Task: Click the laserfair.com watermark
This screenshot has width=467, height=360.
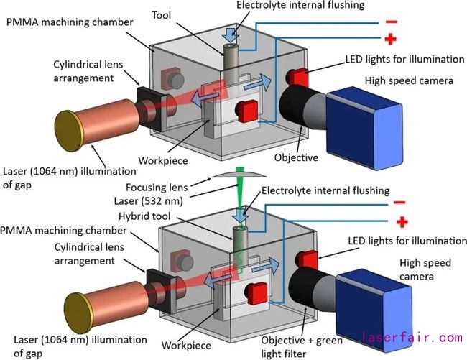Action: pyautogui.click(x=412, y=336)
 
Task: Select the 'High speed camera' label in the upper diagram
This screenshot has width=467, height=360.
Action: pyautogui.click(x=409, y=80)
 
